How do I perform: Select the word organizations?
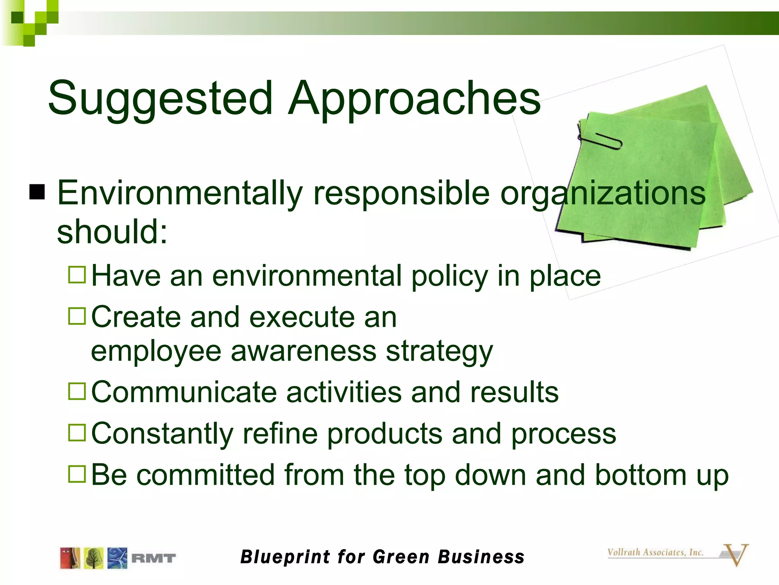click(x=603, y=193)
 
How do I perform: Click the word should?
click(x=112, y=232)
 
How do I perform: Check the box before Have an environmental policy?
click(x=77, y=274)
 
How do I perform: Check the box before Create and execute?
click(x=77, y=316)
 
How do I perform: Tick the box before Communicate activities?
click(x=77, y=391)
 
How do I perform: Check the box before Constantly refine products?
click(x=77, y=433)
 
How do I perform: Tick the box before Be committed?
click(x=77, y=474)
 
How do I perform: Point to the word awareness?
click(x=303, y=351)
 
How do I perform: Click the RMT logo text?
click(x=154, y=558)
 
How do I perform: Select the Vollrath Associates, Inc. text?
click(x=655, y=552)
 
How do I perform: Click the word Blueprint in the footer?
click(x=286, y=557)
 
